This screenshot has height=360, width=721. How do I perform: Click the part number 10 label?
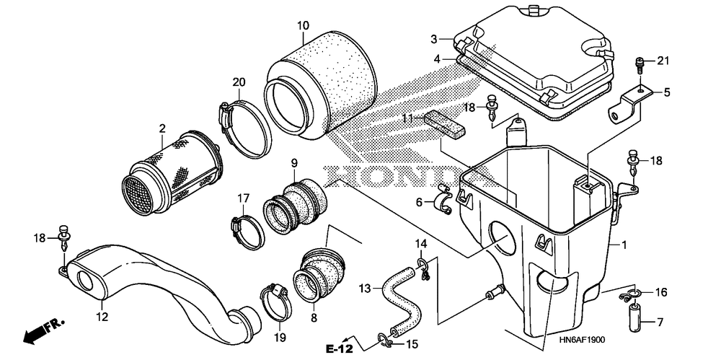pos(303,26)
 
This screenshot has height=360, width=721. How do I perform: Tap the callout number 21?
pos(663,60)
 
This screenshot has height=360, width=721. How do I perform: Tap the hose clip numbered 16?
pos(634,294)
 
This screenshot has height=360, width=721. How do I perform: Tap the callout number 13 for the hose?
pos(365,289)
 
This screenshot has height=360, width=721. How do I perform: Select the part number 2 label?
pos(162,129)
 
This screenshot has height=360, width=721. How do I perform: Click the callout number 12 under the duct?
pos(102,315)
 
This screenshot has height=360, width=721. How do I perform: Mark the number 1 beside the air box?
pos(625,245)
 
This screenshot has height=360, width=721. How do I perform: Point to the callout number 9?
pos(294,163)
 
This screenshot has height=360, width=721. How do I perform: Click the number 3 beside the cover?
pos(434,39)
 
